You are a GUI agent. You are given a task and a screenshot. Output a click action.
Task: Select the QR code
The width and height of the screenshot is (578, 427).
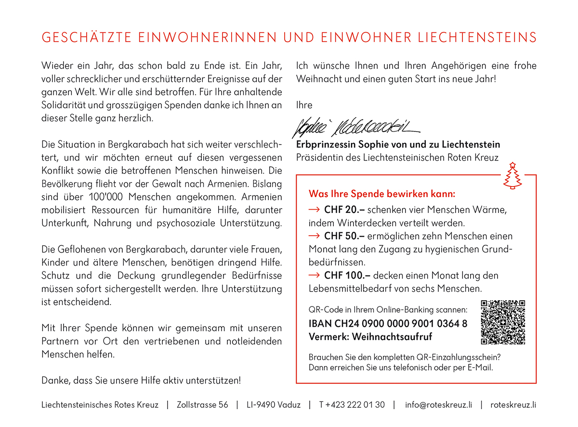503,322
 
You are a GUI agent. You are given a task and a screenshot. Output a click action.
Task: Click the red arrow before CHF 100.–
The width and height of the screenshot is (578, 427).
314,275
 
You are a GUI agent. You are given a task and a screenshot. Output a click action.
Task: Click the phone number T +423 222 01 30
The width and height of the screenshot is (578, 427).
352,405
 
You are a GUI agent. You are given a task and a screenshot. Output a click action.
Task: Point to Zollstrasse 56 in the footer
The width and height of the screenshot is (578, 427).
202,405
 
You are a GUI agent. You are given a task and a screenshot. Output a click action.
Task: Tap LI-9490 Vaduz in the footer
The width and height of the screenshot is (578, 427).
273,405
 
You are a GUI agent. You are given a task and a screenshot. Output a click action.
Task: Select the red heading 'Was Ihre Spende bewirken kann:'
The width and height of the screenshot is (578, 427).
381,194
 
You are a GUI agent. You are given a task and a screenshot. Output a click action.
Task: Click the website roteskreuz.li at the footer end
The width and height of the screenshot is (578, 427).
513,405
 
